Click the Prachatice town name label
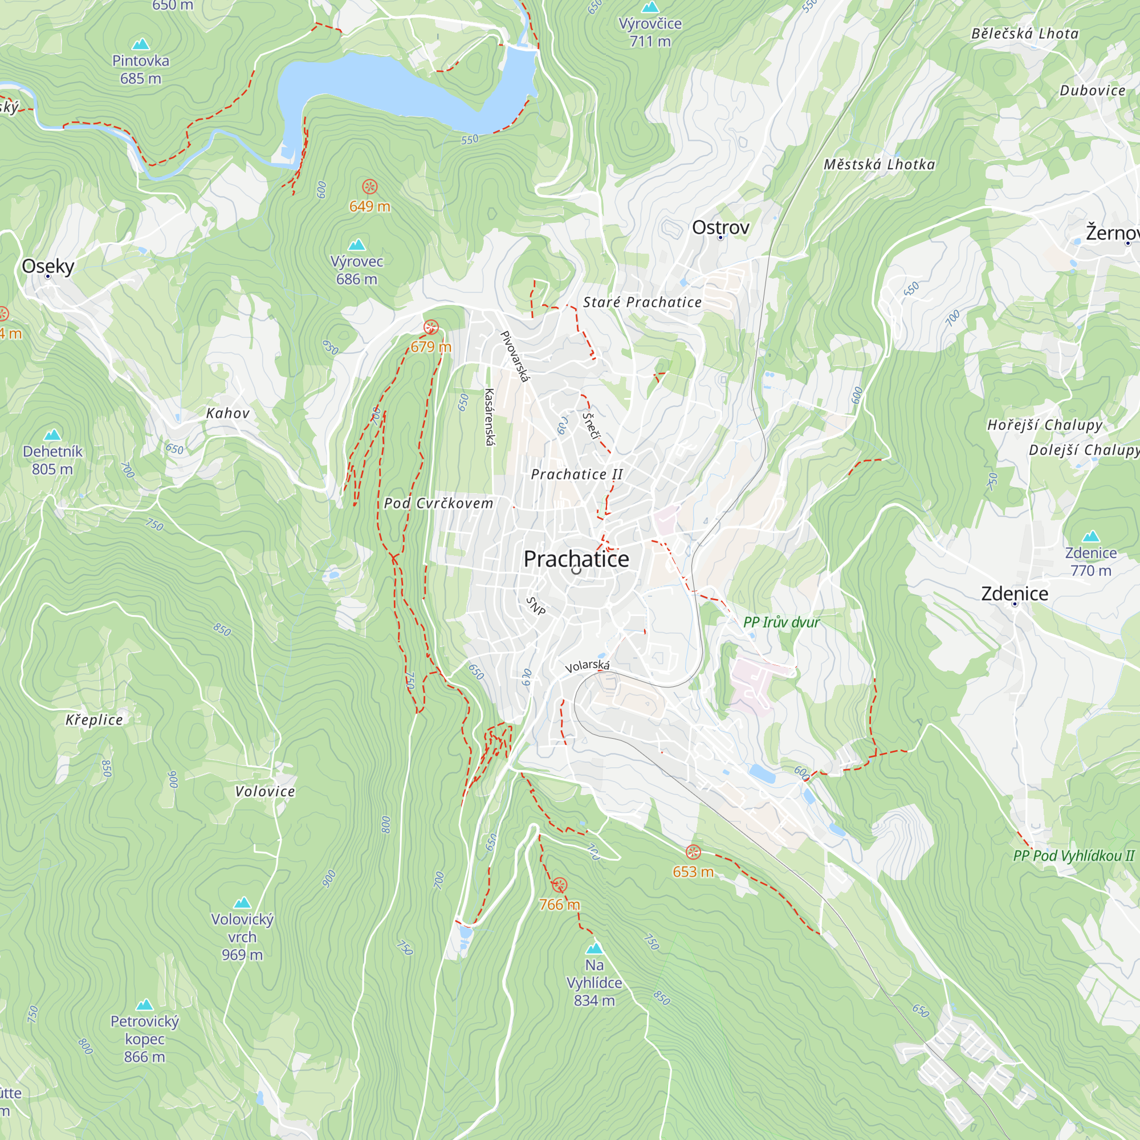click(x=576, y=559)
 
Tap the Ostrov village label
click(x=720, y=227)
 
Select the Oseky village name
click(x=48, y=266)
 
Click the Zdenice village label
click(x=1015, y=593)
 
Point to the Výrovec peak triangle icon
click(x=356, y=245)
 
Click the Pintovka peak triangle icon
click(x=140, y=44)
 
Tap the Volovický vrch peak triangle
click(x=242, y=903)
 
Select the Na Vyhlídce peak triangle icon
click(x=594, y=948)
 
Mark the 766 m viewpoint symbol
click(x=559, y=885)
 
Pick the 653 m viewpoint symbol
click(x=693, y=852)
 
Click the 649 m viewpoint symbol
click(x=369, y=187)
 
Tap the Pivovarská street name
click(x=514, y=356)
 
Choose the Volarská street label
click(x=587, y=666)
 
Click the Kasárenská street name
click(x=489, y=417)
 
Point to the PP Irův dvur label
click(x=781, y=622)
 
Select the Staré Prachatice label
click(x=642, y=302)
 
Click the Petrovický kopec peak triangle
click(x=145, y=1005)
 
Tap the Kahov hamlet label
click(x=228, y=413)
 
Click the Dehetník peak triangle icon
click(x=52, y=435)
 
